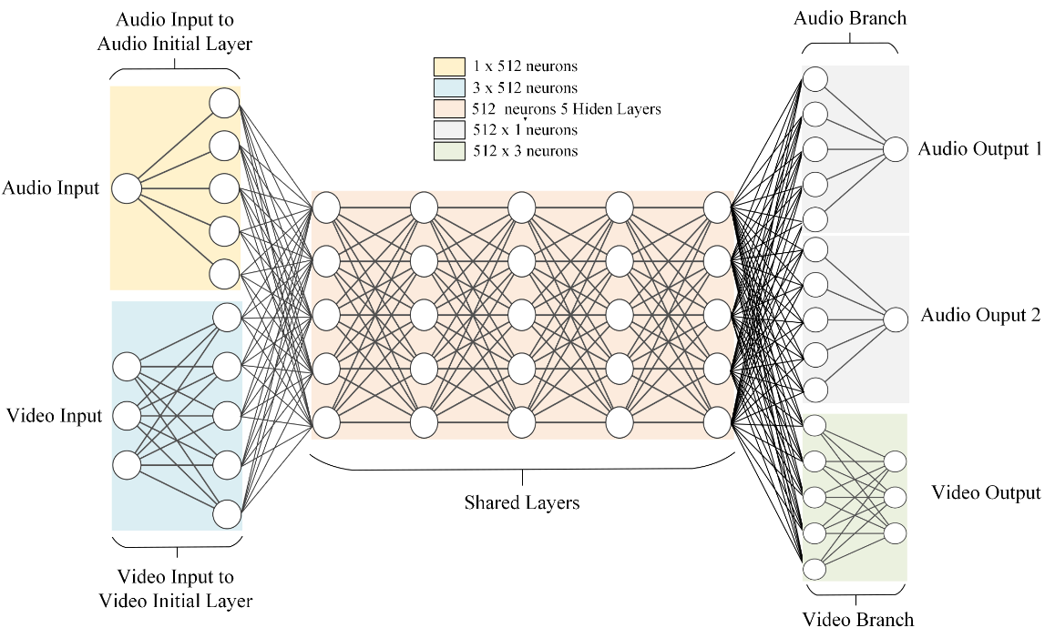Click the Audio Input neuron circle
[x=127, y=189]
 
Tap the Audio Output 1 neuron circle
[x=896, y=149]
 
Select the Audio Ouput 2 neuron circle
[x=896, y=319]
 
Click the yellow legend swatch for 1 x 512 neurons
[x=448, y=66]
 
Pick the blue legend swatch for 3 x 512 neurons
[x=448, y=87]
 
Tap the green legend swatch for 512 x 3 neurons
[x=448, y=151]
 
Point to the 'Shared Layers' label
[x=522, y=502]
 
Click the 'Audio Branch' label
[x=850, y=18]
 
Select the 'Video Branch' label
[x=857, y=621]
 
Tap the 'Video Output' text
[x=986, y=493]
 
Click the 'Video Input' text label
[x=54, y=416]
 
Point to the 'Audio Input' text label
[x=51, y=189]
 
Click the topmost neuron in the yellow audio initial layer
[x=224, y=102]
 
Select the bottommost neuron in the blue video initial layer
[x=226, y=514]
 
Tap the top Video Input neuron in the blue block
[x=127, y=367]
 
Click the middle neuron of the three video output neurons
[x=896, y=497]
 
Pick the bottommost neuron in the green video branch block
[x=814, y=569]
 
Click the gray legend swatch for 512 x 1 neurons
[x=448, y=130]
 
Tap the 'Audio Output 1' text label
[x=980, y=148]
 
